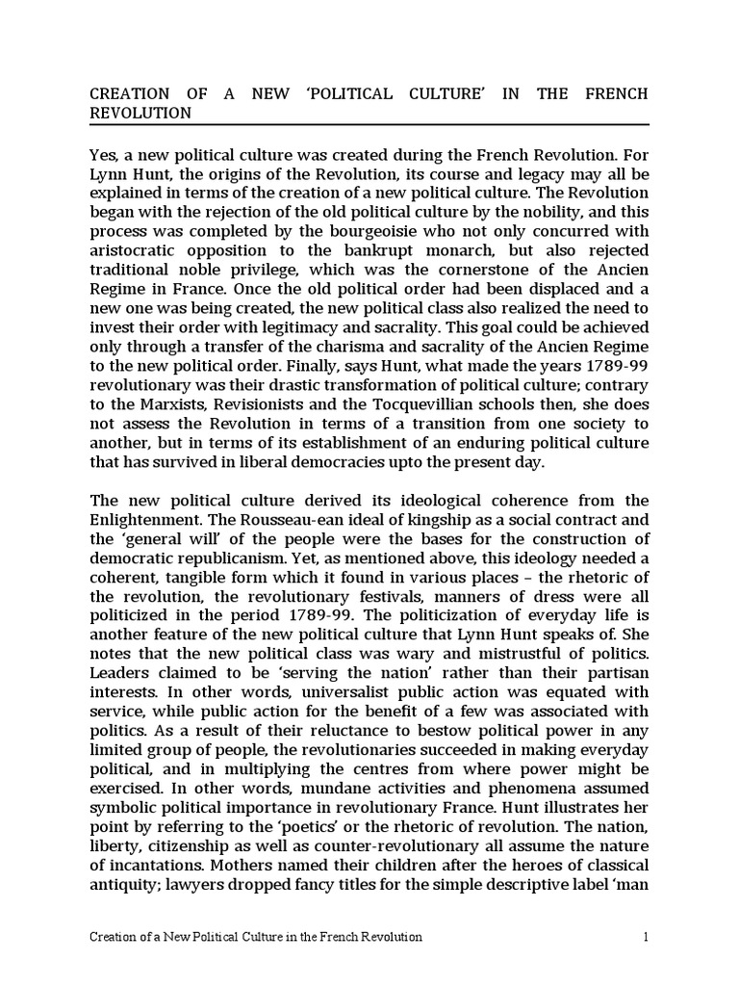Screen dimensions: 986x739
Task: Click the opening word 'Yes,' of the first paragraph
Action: pyautogui.click(x=106, y=153)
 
